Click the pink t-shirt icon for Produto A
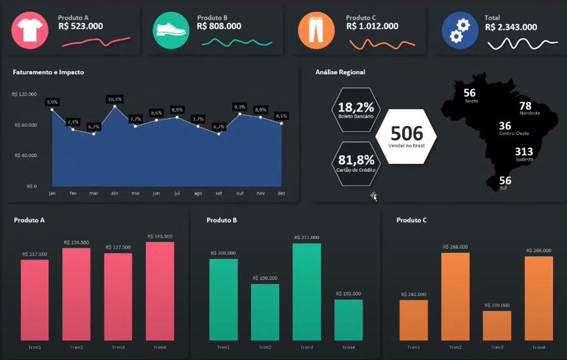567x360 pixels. coord(30,30)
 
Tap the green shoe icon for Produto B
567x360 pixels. coord(171,30)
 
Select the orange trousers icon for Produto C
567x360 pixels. coord(316,30)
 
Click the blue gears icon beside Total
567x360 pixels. coord(460,30)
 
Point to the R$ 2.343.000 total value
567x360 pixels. coord(511,27)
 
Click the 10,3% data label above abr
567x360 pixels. coord(114,99)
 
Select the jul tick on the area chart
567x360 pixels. coord(177,193)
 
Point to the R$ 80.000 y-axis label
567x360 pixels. coord(25,125)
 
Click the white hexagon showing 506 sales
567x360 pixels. coord(406,136)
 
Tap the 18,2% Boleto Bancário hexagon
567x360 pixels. coord(356,110)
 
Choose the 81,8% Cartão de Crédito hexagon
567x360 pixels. coord(356,163)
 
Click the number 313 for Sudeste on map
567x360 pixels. coord(524,152)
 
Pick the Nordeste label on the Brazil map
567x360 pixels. coord(530,113)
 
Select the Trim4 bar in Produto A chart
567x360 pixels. coord(160,291)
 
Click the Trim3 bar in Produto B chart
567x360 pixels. coord(307,292)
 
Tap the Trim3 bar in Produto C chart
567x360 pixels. coord(497,325)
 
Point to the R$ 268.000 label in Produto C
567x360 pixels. coord(455,247)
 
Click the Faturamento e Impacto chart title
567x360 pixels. coord(48,72)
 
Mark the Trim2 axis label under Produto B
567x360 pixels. coord(265,347)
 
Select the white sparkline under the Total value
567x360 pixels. coord(522,44)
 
